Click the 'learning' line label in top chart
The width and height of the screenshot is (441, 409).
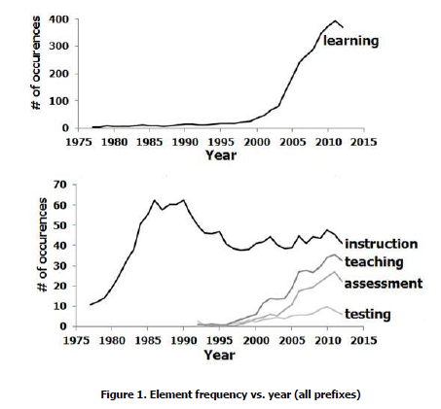(350, 41)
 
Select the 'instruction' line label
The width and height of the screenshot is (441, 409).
(381, 244)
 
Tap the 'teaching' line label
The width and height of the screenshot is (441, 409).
(374, 262)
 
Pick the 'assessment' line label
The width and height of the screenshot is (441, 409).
(384, 284)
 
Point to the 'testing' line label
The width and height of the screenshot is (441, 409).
(367, 314)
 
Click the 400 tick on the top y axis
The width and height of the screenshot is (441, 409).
(59, 19)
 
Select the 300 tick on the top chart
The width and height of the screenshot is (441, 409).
(59, 46)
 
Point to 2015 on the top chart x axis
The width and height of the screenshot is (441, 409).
(364, 142)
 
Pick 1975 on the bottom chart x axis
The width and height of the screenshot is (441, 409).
(76, 341)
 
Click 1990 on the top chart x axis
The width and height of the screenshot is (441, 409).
(185, 142)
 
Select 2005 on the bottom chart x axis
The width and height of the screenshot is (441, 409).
(292, 341)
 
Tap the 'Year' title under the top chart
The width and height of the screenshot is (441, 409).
(221, 155)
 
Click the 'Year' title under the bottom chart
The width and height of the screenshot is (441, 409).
(220, 356)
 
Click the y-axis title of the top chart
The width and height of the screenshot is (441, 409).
(36, 63)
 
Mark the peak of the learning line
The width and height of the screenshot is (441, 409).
(335, 20)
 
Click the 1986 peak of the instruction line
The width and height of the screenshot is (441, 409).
(155, 200)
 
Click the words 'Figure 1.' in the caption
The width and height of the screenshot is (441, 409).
(124, 394)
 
